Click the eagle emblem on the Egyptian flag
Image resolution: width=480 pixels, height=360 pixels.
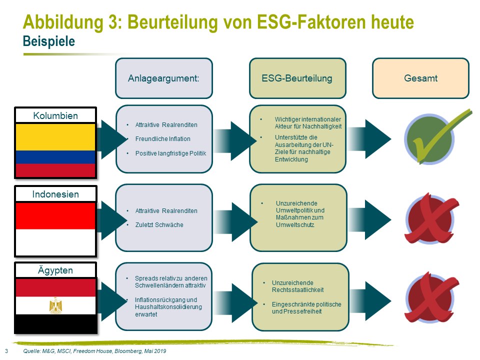pyautogui.click(x=55, y=305)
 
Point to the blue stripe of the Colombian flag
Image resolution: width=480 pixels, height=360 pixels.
pyautogui.click(x=55, y=157)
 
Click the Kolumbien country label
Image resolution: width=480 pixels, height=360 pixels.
pyautogui.click(x=55, y=115)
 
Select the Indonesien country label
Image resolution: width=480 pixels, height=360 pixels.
pyautogui.click(x=55, y=194)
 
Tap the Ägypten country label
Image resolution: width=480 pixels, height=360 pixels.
pyautogui.click(x=55, y=270)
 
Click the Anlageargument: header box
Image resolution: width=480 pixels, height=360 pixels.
pyautogui.click(x=164, y=78)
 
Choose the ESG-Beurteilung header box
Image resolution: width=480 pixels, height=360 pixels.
pyautogui.click(x=297, y=78)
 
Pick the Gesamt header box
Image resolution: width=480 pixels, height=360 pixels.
pyautogui.click(x=420, y=78)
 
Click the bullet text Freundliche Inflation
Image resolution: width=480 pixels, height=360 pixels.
pyautogui.click(x=163, y=139)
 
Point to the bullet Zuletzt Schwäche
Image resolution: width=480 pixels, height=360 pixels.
pyautogui.click(x=159, y=224)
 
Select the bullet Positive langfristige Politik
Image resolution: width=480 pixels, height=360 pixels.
pyautogui.click(x=171, y=153)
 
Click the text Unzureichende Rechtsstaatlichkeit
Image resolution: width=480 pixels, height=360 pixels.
pyautogui.click(x=297, y=286)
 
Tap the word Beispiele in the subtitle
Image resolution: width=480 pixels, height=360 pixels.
pyautogui.click(x=49, y=41)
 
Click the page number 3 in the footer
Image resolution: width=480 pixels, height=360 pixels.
pyautogui.click(x=6, y=351)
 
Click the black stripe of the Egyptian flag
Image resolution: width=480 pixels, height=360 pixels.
pyautogui.click(x=55, y=324)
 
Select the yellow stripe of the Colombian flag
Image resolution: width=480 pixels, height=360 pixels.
pyautogui.click(x=55, y=137)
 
